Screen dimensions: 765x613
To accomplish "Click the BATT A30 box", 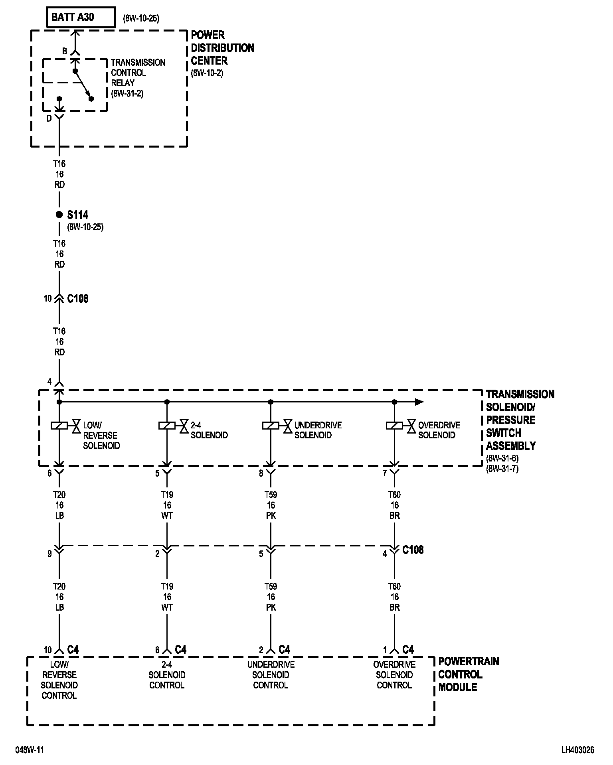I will (x=81, y=18).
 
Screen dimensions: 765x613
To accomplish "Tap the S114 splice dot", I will (x=59, y=215).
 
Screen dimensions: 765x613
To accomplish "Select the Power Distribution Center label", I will (x=222, y=48).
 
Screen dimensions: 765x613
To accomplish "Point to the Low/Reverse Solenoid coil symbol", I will (x=59, y=426).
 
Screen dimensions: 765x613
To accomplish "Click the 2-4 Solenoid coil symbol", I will (x=167, y=426).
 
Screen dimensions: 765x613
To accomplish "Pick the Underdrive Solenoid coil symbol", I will (x=271, y=426).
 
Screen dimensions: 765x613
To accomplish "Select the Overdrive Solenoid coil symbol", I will (x=394, y=426).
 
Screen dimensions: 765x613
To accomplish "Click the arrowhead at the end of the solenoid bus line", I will (x=419, y=402).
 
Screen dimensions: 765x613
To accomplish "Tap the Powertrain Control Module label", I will (x=469, y=674).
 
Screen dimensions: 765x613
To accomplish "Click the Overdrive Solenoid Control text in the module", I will (x=394, y=675).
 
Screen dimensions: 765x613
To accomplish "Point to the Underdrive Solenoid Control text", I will (x=271, y=675).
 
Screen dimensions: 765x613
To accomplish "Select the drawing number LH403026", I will (x=577, y=750).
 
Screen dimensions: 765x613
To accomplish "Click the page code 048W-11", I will (x=30, y=750).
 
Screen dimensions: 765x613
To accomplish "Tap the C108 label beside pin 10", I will (x=78, y=298).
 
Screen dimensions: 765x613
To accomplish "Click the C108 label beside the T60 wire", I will (x=413, y=550).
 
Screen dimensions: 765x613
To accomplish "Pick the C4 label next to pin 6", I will (x=180, y=650).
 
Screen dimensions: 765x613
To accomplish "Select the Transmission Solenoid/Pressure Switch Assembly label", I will (x=520, y=420).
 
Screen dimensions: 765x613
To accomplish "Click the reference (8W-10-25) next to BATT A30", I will (x=141, y=19).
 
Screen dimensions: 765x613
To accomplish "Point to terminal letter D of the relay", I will (x=49, y=118).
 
